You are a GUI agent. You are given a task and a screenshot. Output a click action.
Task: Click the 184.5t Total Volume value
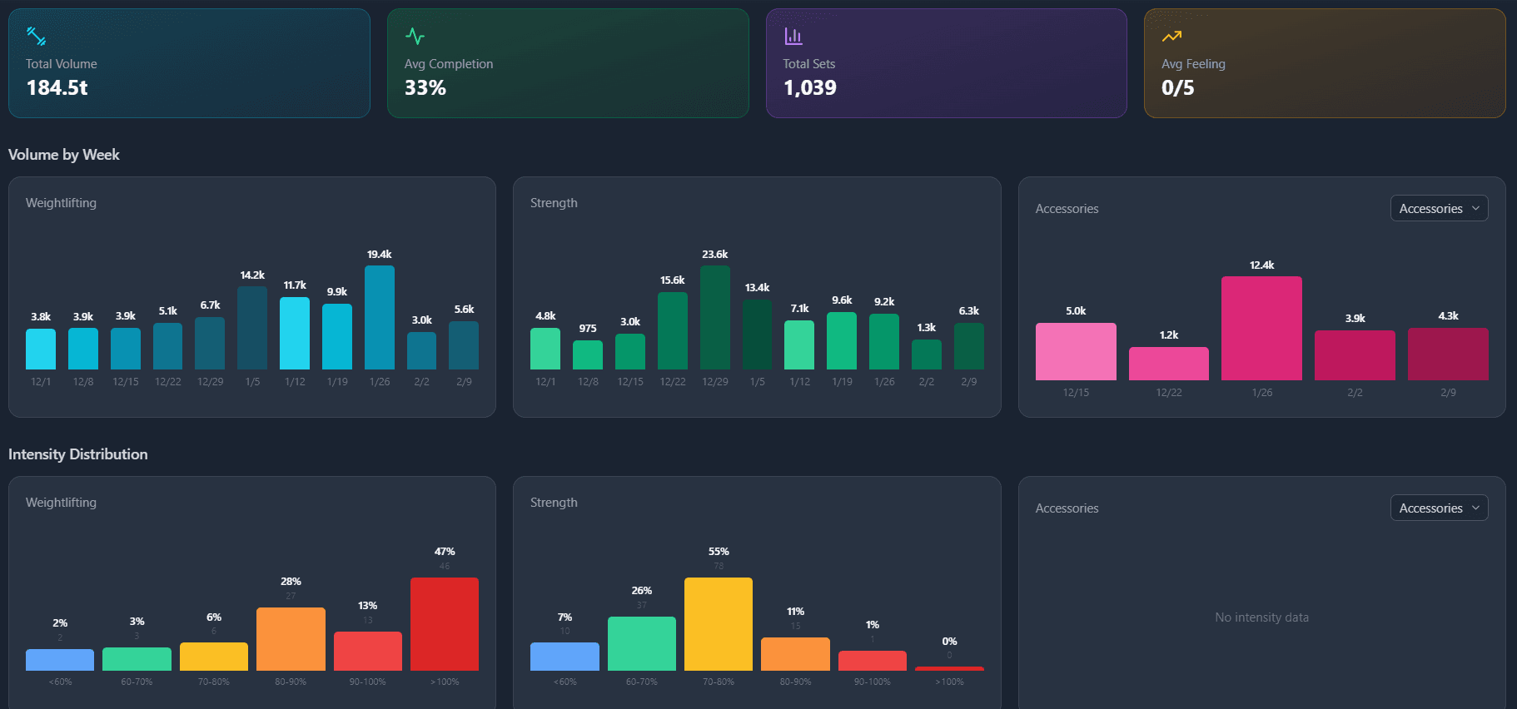click(x=57, y=87)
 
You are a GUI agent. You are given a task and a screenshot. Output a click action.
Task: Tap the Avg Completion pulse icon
click(x=415, y=37)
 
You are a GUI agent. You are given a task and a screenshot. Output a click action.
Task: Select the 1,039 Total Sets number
click(x=809, y=87)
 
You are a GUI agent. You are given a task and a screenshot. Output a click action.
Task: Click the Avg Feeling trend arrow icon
click(x=1171, y=37)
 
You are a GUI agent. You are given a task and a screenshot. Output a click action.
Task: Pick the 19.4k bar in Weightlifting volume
click(x=379, y=317)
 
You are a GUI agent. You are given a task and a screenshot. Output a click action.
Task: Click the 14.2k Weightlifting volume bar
click(x=252, y=328)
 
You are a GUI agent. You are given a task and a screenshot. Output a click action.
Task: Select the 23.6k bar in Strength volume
click(x=714, y=317)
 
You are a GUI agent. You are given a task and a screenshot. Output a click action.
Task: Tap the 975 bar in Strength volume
click(x=588, y=355)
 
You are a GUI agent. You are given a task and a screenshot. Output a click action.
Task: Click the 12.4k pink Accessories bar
click(x=1261, y=328)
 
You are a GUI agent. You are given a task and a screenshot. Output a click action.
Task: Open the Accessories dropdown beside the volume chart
click(x=1439, y=208)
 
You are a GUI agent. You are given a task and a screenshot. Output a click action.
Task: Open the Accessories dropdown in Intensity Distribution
click(x=1439, y=508)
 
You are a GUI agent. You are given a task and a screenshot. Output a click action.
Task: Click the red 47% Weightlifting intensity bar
click(x=445, y=624)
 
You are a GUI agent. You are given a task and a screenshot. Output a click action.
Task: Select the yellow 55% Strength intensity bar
click(x=719, y=624)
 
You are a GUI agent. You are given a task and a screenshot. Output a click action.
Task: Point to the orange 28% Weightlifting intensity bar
click(x=291, y=639)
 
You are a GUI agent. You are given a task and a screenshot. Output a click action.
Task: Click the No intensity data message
click(x=1261, y=617)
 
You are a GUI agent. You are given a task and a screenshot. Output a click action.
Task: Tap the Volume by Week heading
click(x=64, y=155)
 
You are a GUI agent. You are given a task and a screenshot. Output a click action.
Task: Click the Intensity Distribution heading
click(x=78, y=454)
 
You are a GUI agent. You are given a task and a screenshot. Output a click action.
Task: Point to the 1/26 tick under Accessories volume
click(x=1261, y=392)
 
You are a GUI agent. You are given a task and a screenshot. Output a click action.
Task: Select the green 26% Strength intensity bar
click(x=641, y=643)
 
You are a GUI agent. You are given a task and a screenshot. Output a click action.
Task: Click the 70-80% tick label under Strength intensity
click(x=719, y=682)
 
